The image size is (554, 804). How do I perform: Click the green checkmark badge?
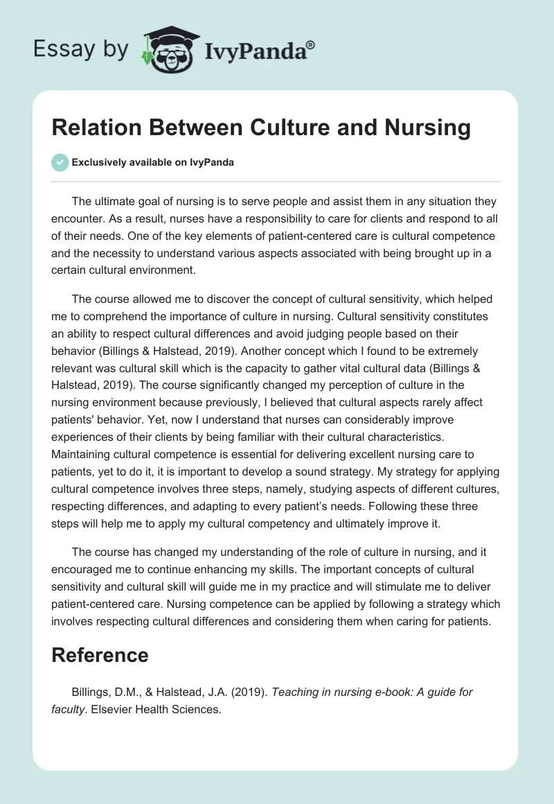60,162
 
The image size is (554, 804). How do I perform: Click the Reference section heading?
100,655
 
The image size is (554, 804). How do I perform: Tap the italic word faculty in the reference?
69,709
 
